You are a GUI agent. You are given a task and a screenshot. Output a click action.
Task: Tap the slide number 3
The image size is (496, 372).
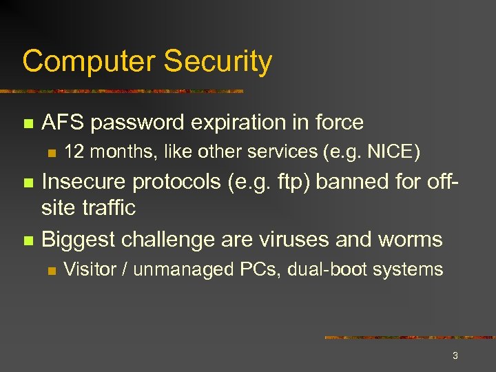(455, 356)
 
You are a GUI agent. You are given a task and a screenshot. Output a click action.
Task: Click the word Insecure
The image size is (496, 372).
(84, 182)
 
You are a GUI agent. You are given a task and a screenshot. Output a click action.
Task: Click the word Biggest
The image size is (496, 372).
(78, 240)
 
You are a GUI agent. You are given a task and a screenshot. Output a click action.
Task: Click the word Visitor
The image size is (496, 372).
(90, 269)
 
